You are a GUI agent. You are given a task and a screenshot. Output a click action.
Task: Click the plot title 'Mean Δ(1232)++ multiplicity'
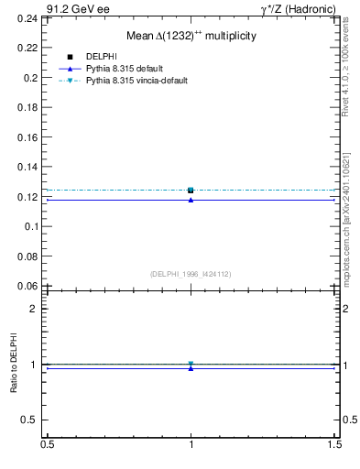(191, 36)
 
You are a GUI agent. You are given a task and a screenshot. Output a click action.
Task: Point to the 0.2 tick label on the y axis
(33, 79)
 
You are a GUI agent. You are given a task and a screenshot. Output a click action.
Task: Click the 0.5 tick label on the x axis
(47, 445)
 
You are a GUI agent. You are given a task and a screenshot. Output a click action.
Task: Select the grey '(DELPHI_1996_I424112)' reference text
(191, 273)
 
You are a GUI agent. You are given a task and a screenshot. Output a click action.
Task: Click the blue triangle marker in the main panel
(191, 200)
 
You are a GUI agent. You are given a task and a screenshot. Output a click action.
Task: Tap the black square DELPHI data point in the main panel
(191, 190)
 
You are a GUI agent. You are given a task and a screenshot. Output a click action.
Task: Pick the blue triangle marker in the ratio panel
(191, 368)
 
